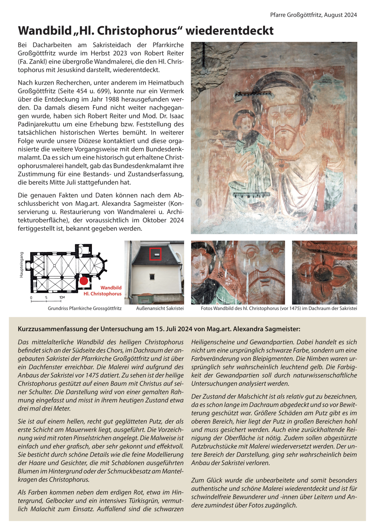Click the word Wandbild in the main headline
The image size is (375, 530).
(45, 31)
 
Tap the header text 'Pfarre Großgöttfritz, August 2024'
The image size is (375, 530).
(313, 15)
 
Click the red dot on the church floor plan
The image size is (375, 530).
(84, 281)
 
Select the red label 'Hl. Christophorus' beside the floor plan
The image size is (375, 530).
(102, 294)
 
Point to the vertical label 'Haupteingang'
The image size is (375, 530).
(22, 265)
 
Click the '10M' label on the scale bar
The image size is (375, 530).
(62, 298)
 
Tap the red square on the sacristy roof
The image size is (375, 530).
(156, 254)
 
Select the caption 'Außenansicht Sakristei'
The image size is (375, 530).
(160, 308)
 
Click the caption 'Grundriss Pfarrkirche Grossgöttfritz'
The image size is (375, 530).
(84, 308)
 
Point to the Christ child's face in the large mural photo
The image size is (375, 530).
(243, 122)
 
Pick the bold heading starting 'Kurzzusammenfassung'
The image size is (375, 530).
(159, 329)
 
